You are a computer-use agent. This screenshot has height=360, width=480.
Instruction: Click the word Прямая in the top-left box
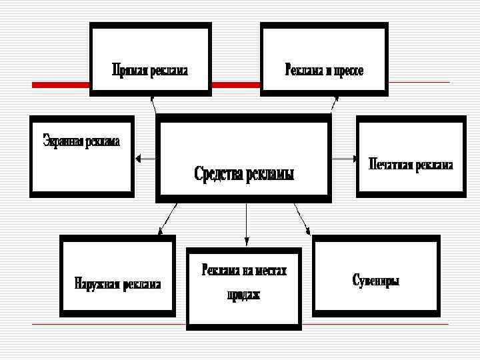click(129, 69)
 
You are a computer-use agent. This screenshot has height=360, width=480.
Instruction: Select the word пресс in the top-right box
click(347, 69)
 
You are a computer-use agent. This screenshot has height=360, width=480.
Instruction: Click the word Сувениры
click(375, 281)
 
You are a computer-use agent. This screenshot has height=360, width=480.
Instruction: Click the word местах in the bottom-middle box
click(271, 271)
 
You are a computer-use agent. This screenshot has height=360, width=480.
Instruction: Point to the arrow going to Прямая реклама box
click(154, 104)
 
